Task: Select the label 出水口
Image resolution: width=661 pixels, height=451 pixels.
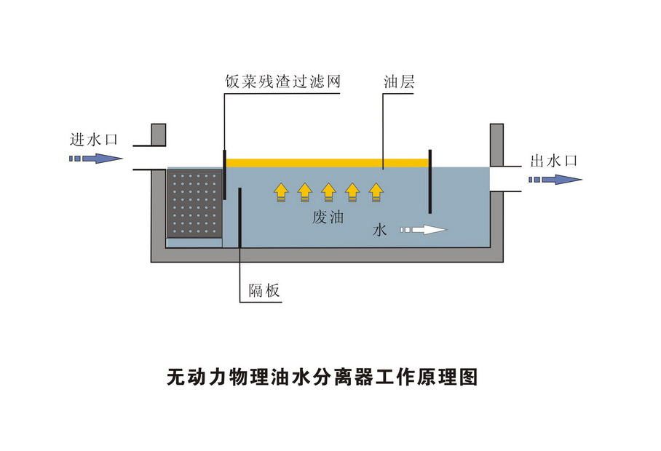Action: click(x=553, y=161)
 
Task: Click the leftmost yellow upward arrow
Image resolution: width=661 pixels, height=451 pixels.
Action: click(x=281, y=191)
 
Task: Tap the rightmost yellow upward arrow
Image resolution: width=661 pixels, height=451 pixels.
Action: click(x=376, y=191)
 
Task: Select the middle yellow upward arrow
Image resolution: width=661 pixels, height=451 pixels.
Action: click(x=328, y=191)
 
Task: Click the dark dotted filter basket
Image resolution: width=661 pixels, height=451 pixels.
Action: click(x=195, y=204)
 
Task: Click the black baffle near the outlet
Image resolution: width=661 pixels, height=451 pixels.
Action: click(x=431, y=181)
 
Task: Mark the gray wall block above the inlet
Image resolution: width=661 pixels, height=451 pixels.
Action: click(x=158, y=135)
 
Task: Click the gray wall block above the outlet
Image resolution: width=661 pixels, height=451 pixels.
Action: click(x=496, y=144)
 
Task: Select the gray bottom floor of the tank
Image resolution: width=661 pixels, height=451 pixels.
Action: click(x=328, y=255)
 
